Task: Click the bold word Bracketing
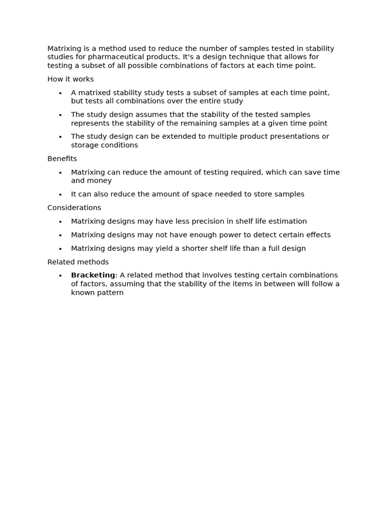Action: pos(93,275)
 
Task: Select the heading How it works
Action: pos(70,79)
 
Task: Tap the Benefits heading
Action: pos(62,159)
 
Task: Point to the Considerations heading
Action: pos(74,207)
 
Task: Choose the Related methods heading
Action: pos(78,262)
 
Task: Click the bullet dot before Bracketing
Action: pos(60,276)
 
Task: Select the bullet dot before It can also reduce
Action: pos(60,194)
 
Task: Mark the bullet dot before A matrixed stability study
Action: pos(60,93)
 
